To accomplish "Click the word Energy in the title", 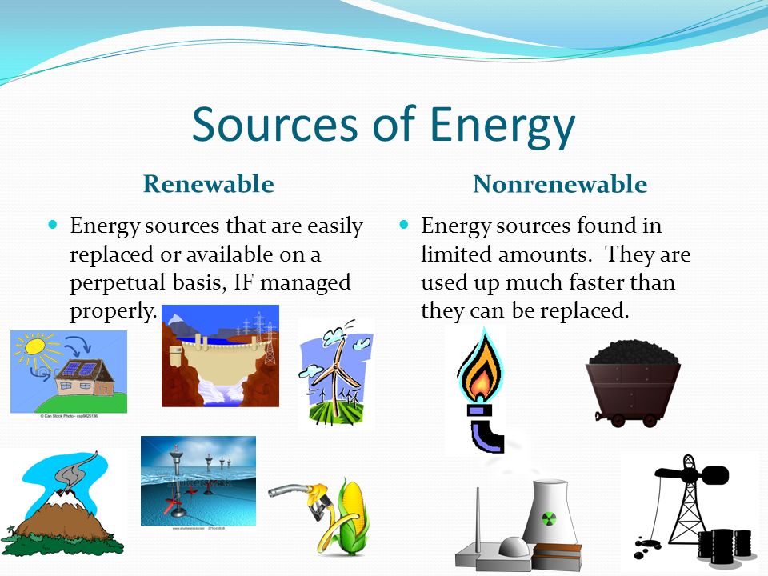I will click(x=502, y=125).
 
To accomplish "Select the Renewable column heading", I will click(x=208, y=185).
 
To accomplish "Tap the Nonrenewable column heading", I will click(x=560, y=185).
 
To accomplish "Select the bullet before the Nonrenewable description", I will click(x=404, y=226).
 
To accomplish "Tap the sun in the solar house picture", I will click(x=36, y=350).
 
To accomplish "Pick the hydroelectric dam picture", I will click(x=220, y=356).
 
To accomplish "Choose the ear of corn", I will click(x=350, y=516).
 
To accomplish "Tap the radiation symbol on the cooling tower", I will click(x=550, y=518).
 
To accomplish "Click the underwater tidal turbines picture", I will click(x=198, y=480).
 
